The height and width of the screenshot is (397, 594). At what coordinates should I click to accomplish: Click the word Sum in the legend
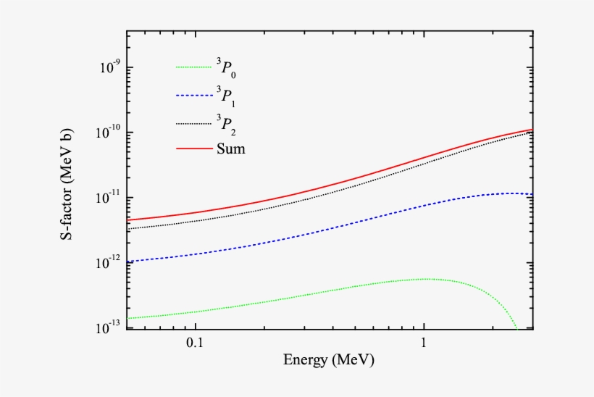coord(230,149)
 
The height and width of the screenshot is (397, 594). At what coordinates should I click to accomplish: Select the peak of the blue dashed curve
coord(511,193)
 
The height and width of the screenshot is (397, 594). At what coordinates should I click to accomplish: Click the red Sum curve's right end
coord(532,130)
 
